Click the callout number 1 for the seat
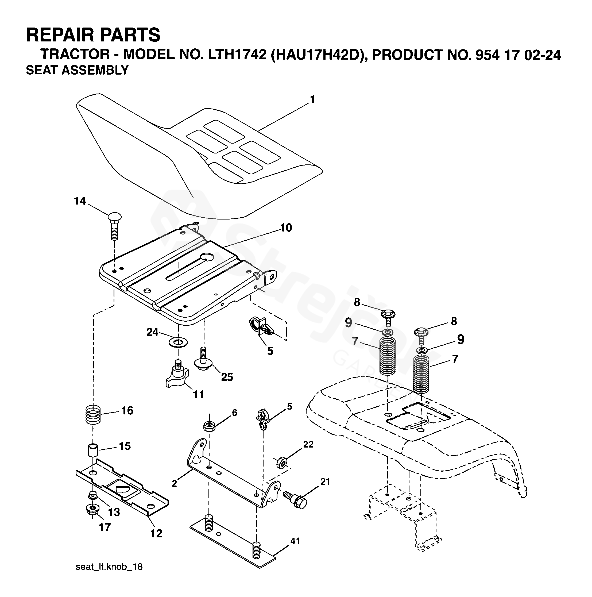click(312, 99)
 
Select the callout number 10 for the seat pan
click(286, 228)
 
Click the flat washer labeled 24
click(178, 342)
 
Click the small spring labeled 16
click(93, 415)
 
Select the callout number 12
click(156, 533)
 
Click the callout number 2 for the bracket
click(175, 483)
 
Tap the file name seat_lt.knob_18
click(109, 575)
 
